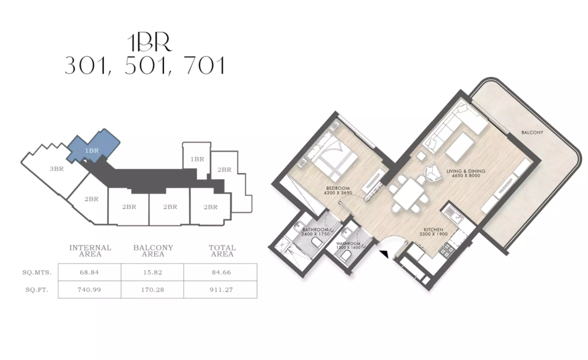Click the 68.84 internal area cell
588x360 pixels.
tap(89, 272)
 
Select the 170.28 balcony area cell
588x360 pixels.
tap(153, 290)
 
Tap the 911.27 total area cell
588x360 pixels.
tap(221, 290)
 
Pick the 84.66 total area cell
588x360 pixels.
tap(221, 272)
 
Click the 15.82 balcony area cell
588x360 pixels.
tap(153, 272)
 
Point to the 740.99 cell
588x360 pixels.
tap(89, 290)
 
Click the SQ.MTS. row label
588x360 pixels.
tap(37, 272)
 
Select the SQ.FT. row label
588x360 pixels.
tap(37, 290)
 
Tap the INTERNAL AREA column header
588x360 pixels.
tap(90, 251)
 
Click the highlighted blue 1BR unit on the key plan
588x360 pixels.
tap(93, 148)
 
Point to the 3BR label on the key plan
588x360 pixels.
tap(57, 169)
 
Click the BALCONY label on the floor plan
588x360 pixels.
tap(532, 133)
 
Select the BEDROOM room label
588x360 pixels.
tap(337, 188)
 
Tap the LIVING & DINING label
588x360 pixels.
tap(466, 171)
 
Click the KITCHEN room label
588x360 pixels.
tap(433, 230)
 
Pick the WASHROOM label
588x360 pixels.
tap(348, 244)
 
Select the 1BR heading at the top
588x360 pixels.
tap(150, 43)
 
